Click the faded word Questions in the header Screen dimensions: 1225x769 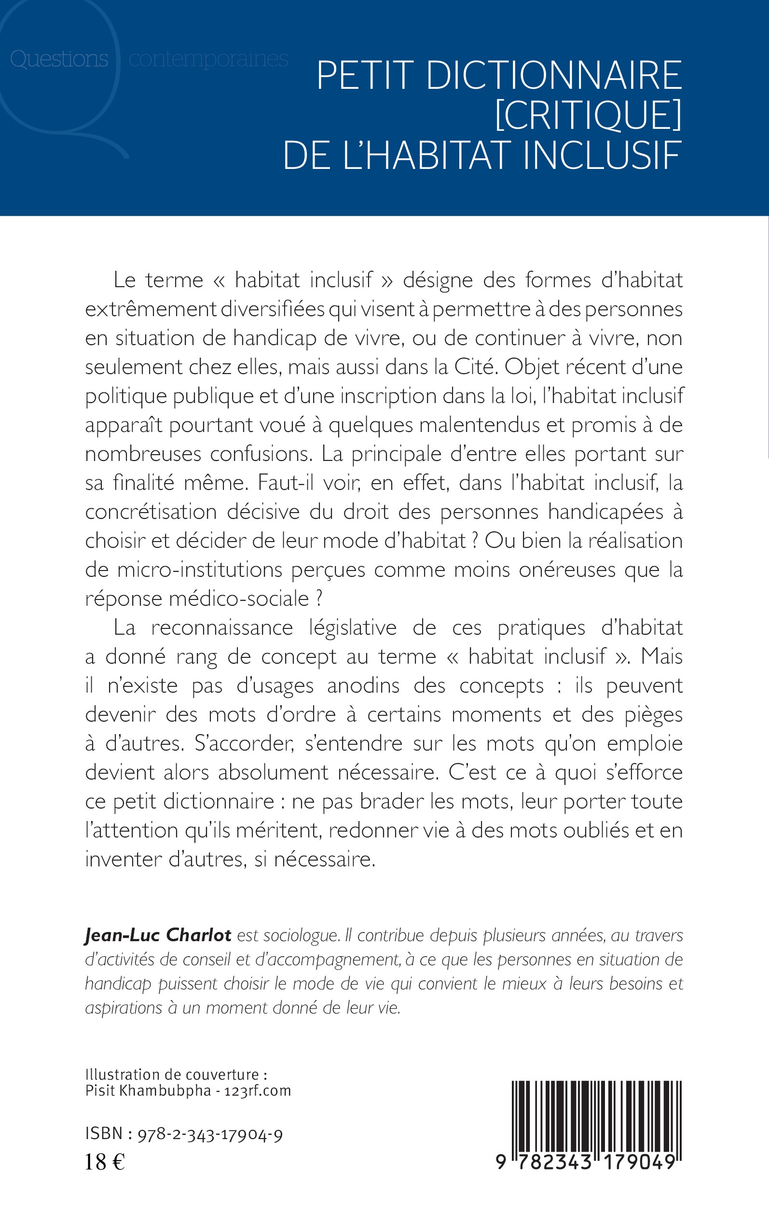(59, 59)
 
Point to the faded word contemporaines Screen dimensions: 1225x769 (208, 59)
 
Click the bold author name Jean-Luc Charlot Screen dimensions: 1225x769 (158, 935)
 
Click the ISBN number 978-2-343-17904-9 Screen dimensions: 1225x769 (210, 1134)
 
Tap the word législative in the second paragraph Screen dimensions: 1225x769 (353, 628)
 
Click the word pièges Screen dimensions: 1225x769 (653, 715)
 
